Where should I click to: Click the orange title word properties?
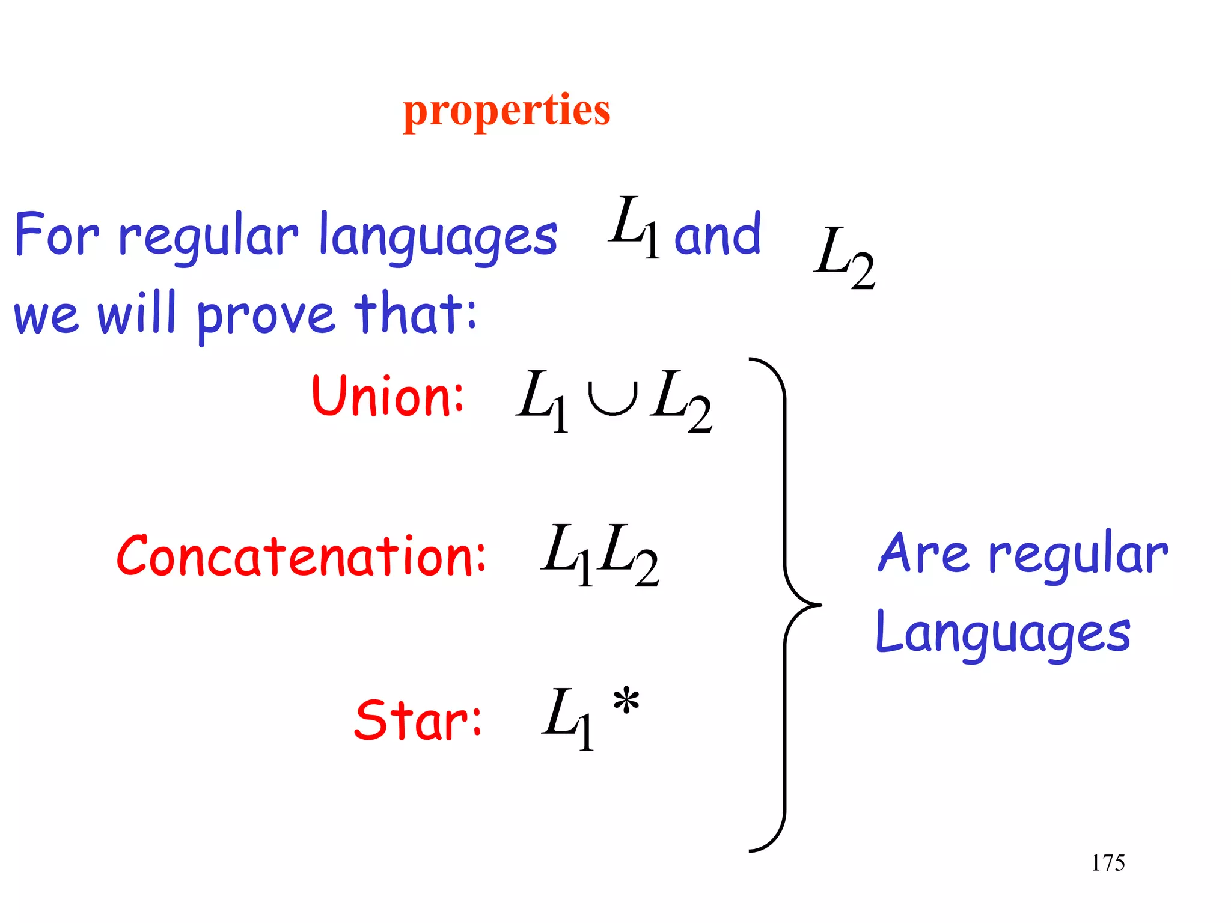pos(506,111)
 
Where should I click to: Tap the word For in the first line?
pos(57,234)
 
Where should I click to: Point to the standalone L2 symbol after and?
pos(844,258)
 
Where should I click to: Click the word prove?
pos(265,315)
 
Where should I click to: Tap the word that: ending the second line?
pos(415,312)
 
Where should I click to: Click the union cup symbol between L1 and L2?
pos(612,400)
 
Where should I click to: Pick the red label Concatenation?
pos(301,556)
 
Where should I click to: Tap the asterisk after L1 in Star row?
pos(626,702)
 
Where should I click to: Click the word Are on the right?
pos(923,554)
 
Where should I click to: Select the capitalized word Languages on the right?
pos(1003,634)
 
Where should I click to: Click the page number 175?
pos(1108,863)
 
